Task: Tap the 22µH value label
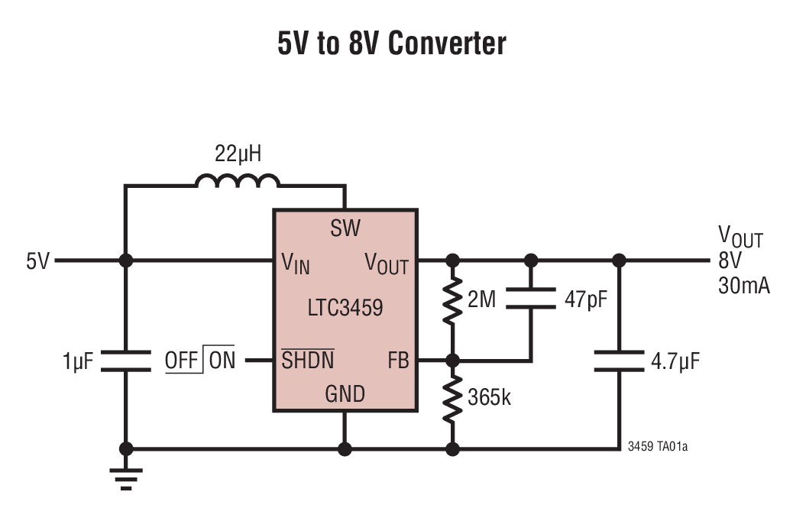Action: pos(237,154)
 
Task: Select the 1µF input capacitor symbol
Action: pos(127,361)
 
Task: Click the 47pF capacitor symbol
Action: pos(532,299)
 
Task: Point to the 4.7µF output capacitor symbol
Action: pos(619,361)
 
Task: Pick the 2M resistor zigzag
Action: pos(453,300)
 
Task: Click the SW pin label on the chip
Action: pos(345,228)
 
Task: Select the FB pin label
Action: pos(398,361)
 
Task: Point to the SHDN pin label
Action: pos(307,361)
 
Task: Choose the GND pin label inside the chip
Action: pos(345,395)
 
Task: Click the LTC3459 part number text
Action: pos(345,309)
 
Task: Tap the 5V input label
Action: pos(37,261)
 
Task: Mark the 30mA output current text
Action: pos(743,286)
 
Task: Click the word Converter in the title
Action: pos(447,44)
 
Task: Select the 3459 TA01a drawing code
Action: pos(657,446)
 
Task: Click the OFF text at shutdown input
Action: pos(181,361)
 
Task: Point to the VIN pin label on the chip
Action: pos(295,264)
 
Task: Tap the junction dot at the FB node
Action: pos(453,360)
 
